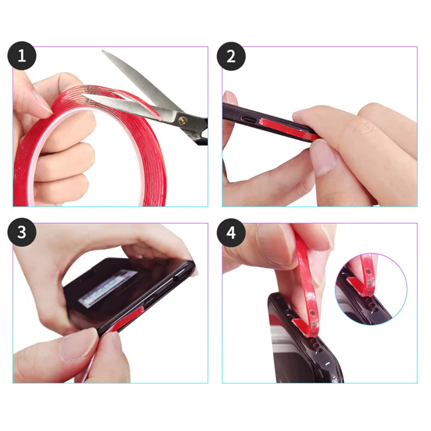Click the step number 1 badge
pos(22,56)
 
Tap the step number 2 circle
pos(231,56)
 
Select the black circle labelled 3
pos(22,232)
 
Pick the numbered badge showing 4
pos(231,232)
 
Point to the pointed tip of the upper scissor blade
pos(104,51)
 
